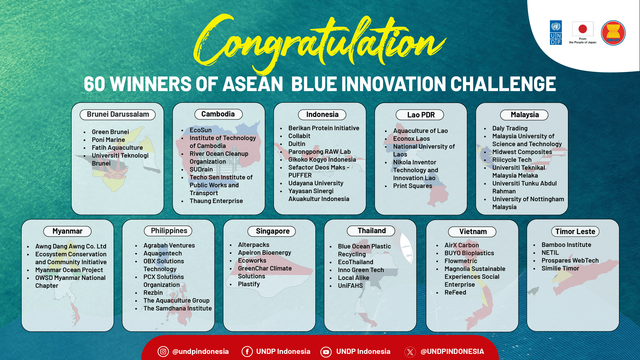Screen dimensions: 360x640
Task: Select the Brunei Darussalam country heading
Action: pyautogui.click(x=119, y=116)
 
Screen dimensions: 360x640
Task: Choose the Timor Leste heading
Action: pyautogui.click(x=569, y=231)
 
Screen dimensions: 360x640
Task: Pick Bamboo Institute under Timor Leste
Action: pyautogui.click(x=565, y=245)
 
